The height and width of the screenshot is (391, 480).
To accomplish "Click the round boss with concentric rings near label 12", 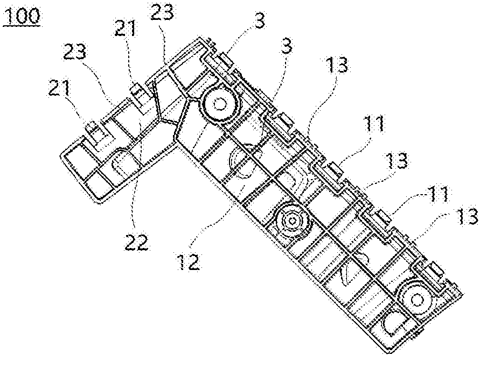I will click(293, 221).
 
